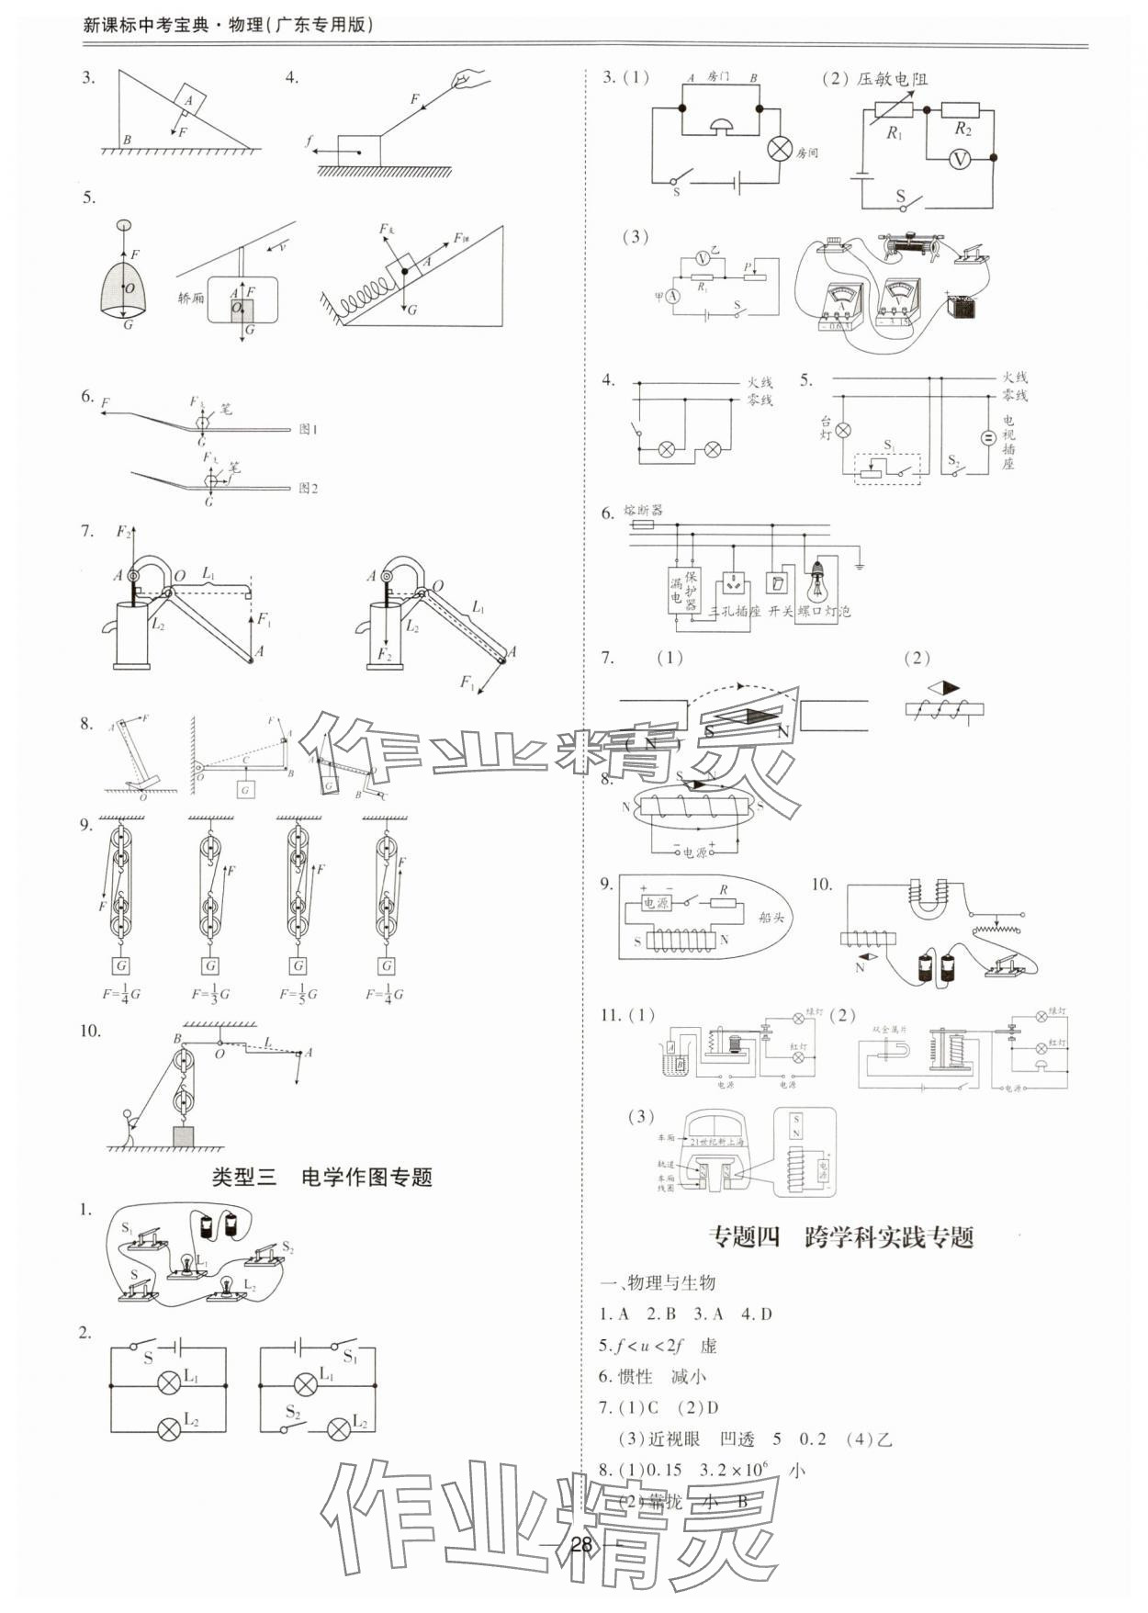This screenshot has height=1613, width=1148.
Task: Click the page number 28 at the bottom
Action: [x=580, y=1543]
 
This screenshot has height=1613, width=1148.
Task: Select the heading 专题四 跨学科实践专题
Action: [x=840, y=1237]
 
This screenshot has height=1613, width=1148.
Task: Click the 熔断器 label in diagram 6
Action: [x=643, y=510]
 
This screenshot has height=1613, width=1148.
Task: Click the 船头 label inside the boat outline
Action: [x=771, y=917]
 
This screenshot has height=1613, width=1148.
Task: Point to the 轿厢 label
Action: [x=191, y=299]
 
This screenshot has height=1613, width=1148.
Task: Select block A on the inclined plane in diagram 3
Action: [x=188, y=98]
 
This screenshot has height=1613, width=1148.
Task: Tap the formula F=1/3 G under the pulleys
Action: [x=210, y=993]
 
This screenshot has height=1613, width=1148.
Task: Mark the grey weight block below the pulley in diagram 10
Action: [x=184, y=1136]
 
